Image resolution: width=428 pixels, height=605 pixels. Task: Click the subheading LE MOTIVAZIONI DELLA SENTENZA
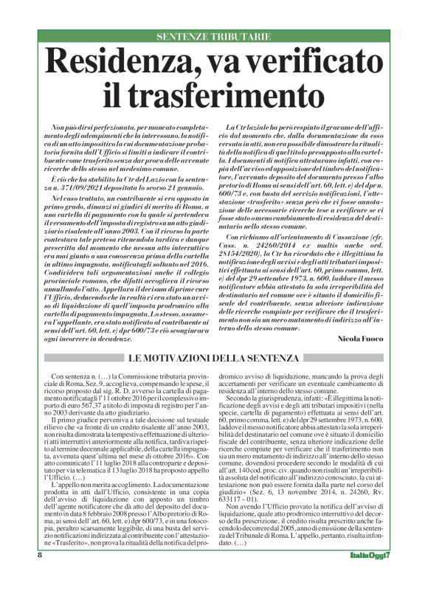[213, 359]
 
